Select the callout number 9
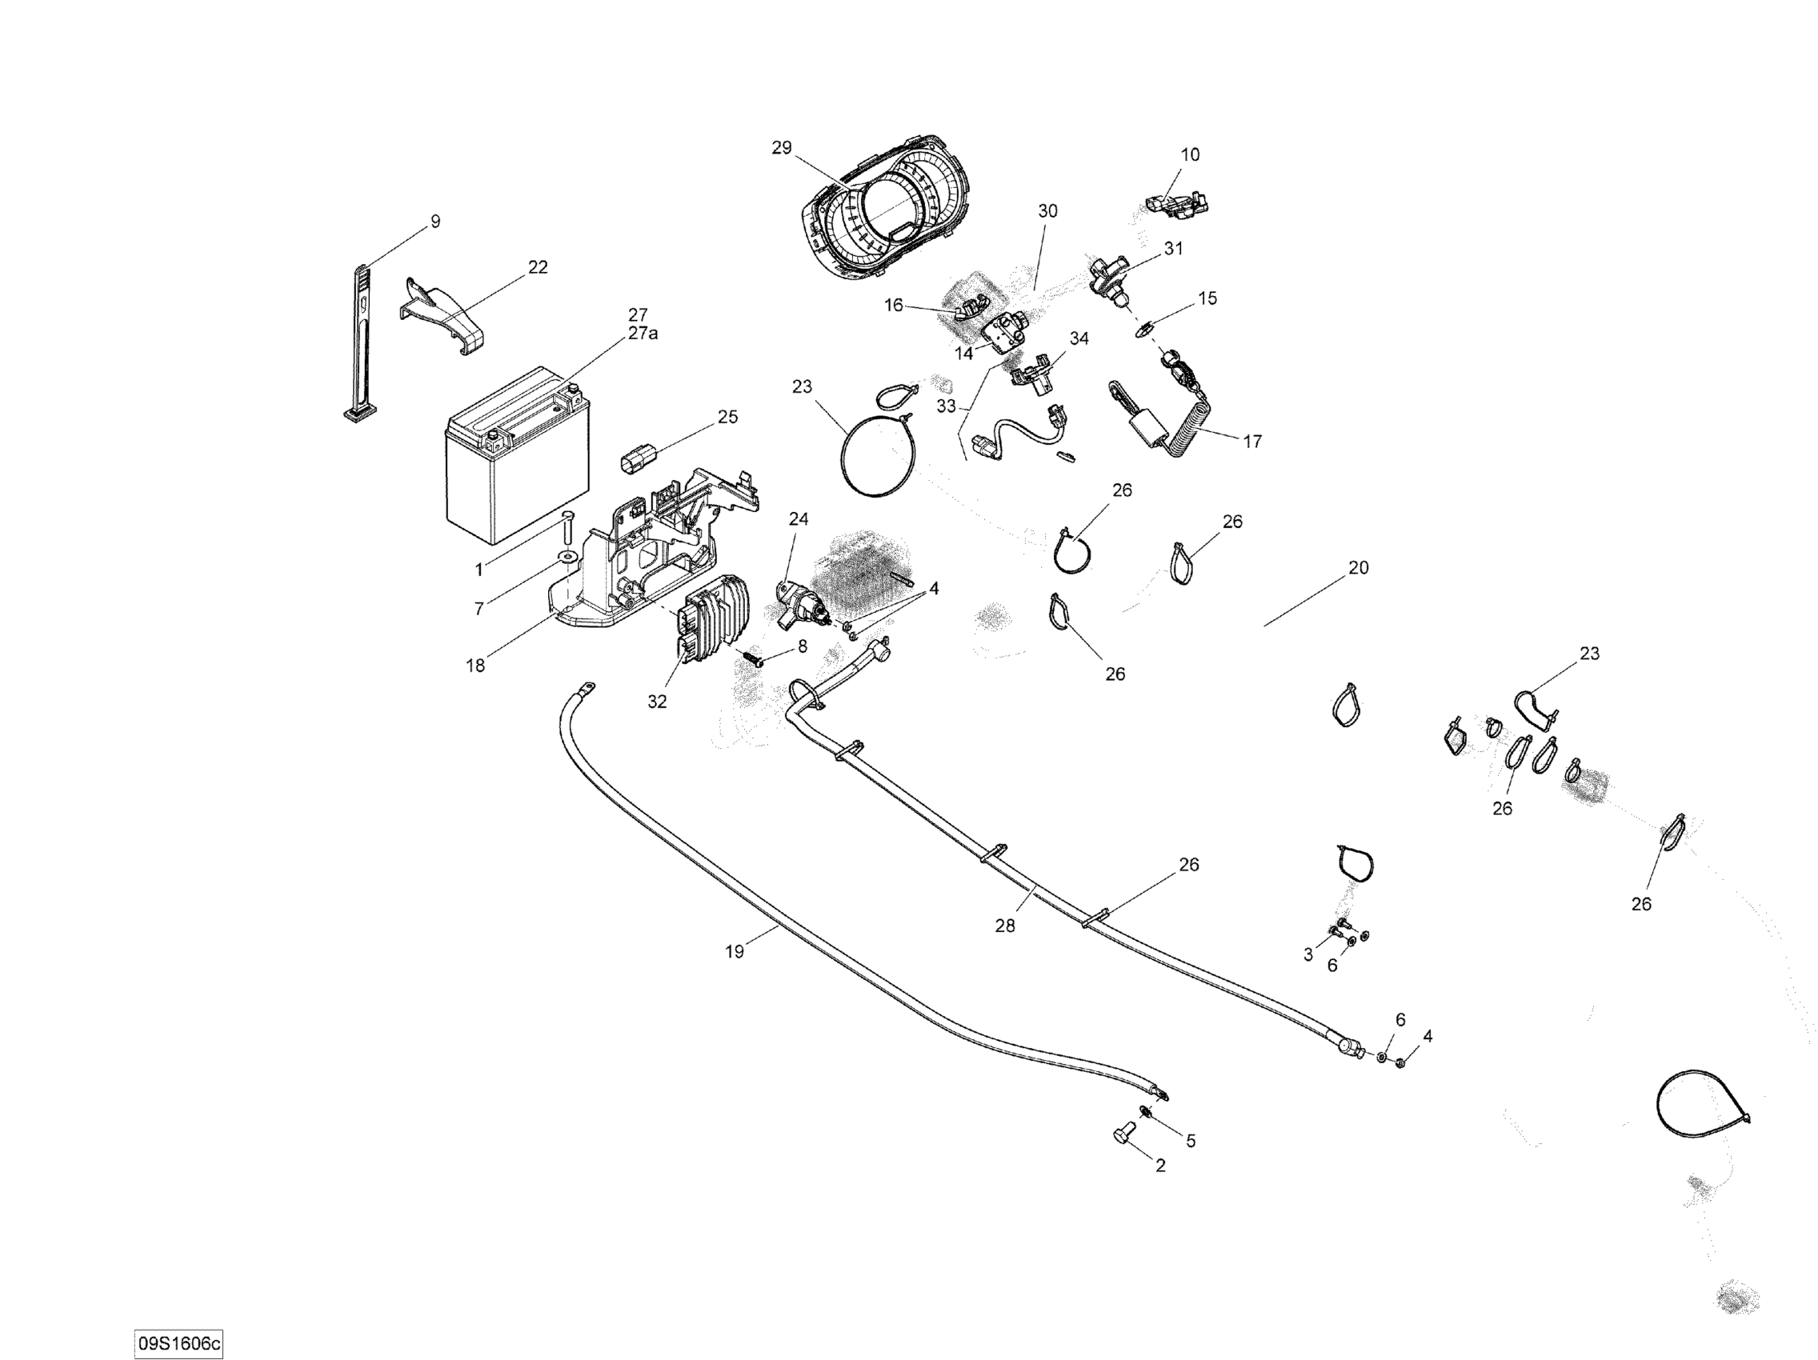435,221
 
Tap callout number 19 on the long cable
734,951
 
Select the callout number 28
1004,926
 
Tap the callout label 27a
643,334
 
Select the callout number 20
1358,567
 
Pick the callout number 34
1079,338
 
